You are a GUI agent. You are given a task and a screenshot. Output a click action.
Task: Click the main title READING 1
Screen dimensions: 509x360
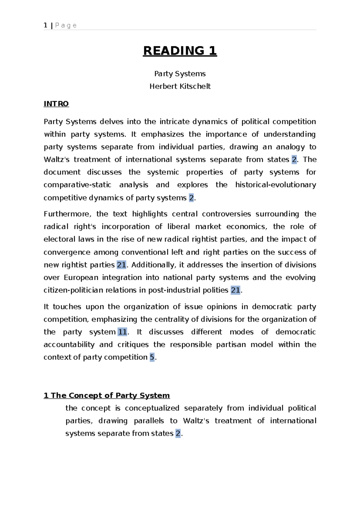[x=180, y=51]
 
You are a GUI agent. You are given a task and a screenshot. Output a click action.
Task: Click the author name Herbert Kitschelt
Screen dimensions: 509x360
[x=180, y=86]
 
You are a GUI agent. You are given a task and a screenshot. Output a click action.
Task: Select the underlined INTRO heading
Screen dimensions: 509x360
[x=56, y=104]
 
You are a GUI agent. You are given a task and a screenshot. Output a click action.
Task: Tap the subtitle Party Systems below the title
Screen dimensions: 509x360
[x=180, y=74]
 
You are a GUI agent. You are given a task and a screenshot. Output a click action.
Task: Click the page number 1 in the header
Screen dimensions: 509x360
[x=46, y=25]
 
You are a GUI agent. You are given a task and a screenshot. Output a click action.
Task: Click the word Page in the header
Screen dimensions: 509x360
[x=66, y=26]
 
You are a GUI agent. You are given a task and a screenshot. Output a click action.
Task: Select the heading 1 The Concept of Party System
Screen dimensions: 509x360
[x=107, y=396]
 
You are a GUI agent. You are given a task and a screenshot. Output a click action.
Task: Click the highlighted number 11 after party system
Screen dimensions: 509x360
[x=122, y=332]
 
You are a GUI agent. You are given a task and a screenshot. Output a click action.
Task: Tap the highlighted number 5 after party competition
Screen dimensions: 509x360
[x=152, y=357]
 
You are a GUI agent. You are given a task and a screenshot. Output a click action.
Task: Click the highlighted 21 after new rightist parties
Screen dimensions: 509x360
[x=121, y=265]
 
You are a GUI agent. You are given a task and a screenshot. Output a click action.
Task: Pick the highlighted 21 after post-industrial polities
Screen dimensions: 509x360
[x=235, y=290]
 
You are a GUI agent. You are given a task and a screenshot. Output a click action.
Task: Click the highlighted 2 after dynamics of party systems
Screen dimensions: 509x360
[x=191, y=198]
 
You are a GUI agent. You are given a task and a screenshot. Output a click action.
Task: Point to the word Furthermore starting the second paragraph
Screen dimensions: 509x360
[x=67, y=214]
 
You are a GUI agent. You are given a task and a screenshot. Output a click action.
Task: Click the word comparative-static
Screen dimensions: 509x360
[x=77, y=185]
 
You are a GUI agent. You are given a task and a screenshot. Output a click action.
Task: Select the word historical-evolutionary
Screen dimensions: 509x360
[x=275, y=185]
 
